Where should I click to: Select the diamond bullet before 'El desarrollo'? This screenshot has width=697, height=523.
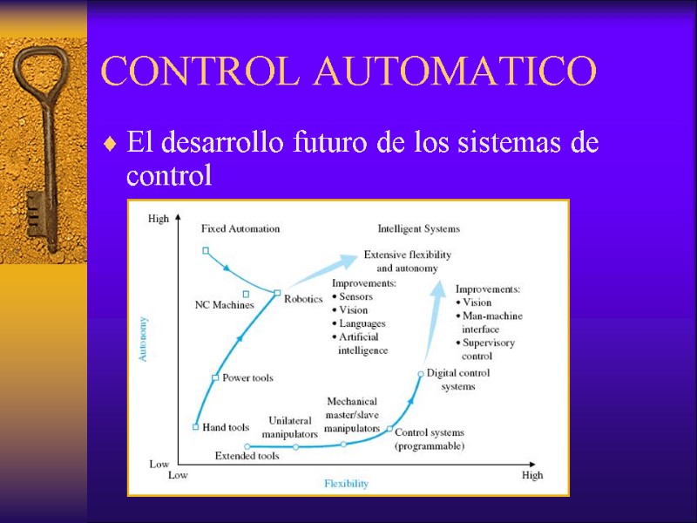pos(109,144)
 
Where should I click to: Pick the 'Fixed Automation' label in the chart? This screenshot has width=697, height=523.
pos(240,229)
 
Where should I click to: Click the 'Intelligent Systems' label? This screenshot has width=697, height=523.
pos(418,229)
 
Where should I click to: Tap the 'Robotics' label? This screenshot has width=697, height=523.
pos(303,298)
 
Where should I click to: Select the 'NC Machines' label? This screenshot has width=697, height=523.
pos(224,305)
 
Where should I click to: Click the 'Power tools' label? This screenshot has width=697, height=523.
pos(247,377)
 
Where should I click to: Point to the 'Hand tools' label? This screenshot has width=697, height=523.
pos(226,427)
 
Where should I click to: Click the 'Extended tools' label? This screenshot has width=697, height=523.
pos(247,456)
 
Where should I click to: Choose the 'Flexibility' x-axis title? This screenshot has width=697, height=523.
pos(347,483)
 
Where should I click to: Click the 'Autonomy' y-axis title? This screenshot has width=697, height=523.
pos(144,340)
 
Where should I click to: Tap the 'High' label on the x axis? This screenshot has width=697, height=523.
pos(532,475)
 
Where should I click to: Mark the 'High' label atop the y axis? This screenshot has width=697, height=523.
pos(159,219)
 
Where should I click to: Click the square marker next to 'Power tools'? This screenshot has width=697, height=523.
pos(215,377)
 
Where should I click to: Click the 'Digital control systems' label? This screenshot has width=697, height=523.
pos(458,379)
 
